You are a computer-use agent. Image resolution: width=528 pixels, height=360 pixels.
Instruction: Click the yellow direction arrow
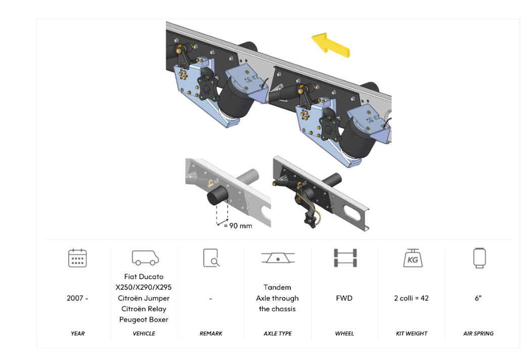click(330, 44)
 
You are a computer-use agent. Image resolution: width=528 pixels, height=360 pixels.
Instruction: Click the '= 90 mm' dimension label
click(237, 226)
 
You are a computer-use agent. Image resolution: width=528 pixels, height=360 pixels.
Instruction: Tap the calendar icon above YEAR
click(77, 258)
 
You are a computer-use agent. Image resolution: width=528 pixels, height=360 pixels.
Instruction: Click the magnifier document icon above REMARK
click(211, 258)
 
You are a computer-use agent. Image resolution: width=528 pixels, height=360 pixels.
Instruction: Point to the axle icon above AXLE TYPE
click(277, 258)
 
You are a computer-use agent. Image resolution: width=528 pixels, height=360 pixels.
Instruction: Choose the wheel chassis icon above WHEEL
click(345, 258)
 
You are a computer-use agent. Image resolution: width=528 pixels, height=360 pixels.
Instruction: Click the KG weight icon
click(411, 258)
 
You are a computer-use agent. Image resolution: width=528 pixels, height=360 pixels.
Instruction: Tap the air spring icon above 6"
click(478, 258)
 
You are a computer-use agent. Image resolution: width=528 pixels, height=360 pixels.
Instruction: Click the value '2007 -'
click(77, 298)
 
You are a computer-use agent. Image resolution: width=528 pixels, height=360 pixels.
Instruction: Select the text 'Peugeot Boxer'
click(144, 320)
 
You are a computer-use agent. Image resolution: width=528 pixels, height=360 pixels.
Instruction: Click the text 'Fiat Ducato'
click(144, 277)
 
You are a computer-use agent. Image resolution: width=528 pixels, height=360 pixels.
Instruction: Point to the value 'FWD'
click(344, 298)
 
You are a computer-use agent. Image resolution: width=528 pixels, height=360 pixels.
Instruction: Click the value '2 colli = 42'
click(411, 298)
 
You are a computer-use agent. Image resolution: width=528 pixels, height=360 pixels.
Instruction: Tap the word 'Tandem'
click(277, 287)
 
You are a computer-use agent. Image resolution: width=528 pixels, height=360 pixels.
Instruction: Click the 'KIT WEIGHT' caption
click(411, 334)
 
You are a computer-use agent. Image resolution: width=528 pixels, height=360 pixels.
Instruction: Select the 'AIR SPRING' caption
click(478, 334)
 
